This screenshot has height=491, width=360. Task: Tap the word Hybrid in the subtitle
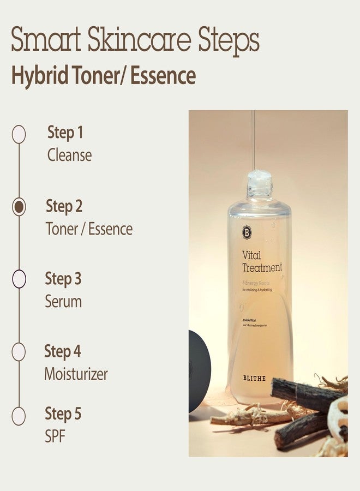pyautogui.click(x=38, y=76)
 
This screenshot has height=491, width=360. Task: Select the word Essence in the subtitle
pyautogui.click(x=163, y=76)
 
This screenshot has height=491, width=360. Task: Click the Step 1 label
pyautogui.click(x=65, y=133)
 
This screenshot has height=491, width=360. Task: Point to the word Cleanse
pyautogui.click(x=69, y=155)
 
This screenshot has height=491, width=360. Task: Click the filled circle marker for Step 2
pyautogui.click(x=19, y=207)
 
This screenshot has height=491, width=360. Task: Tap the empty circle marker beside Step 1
pyautogui.click(x=19, y=134)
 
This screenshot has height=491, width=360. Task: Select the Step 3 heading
pyautogui.click(x=63, y=279)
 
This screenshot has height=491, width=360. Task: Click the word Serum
pyautogui.click(x=63, y=302)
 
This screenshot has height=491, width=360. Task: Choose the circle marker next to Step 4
pyautogui.click(x=19, y=352)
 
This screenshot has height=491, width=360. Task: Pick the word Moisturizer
pyautogui.click(x=76, y=374)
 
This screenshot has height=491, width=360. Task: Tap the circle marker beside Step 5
pyautogui.click(x=19, y=416)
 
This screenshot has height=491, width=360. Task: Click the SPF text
pyautogui.click(x=55, y=437)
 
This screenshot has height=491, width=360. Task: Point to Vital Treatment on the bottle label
pyautogui.click(x=262, y=261)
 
